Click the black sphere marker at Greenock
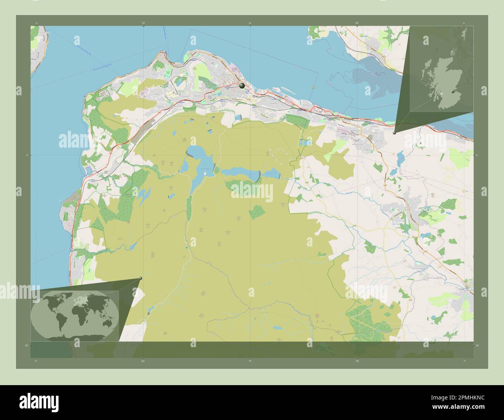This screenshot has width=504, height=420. click(242, 86)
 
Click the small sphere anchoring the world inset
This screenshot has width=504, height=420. click(140, 278)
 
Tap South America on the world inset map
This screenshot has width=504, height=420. click(58, 320)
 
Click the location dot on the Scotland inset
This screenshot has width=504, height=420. click(453, 92)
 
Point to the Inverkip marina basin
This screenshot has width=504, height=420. click(89, 170)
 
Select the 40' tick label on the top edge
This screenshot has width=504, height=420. click(357, 23)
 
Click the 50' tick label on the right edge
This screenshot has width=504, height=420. click(477, 345)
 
